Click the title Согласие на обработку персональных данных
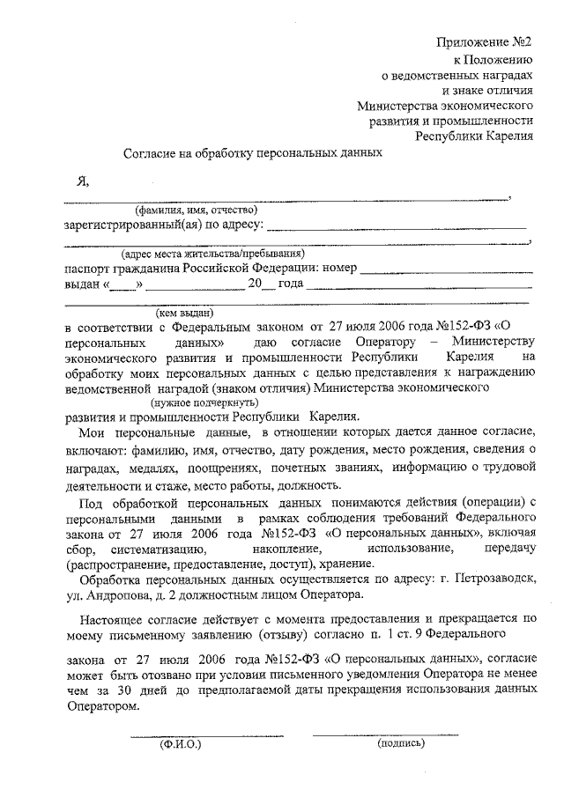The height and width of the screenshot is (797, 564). click(x=252, y=151)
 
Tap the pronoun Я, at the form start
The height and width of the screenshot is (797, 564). click(x=84, y=181)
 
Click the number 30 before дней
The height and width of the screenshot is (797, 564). click(x=128, y=690)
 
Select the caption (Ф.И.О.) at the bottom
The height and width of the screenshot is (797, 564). click(x=181, y=745)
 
